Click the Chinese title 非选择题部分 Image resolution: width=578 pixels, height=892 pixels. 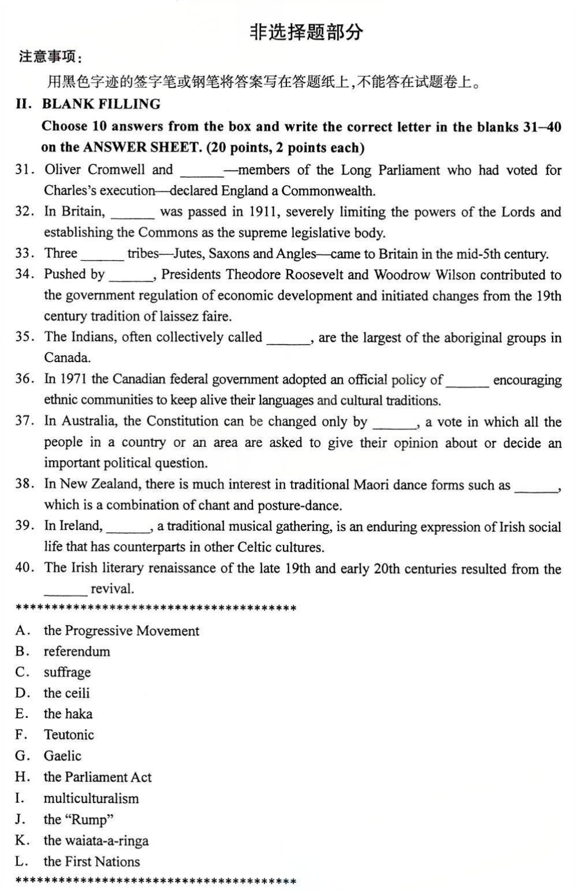pyautogui.click(x=306, y=32)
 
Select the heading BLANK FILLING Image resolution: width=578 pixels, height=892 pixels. pyautogui.click(x=101, y=104)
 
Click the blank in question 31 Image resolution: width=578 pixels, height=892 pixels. pyautogui.click(x=202, y=171)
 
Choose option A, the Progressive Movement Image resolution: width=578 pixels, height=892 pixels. pyautogui.click(x=121, y=631)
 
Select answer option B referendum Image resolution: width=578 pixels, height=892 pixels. pyautogui.click(x=77, y=652)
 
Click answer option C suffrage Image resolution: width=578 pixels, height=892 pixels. pyautogui.click(x=67, y=672)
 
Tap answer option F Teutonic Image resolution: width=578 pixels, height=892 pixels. pyautogui.click(x=69, y=735)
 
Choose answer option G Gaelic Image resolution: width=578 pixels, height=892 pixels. pyautogui.click(x=62, y=756)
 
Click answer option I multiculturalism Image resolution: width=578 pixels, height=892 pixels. pyautogui.click(x=91, y=799)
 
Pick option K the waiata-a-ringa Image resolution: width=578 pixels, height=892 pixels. pyautogui.click(x=96, y=841)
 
